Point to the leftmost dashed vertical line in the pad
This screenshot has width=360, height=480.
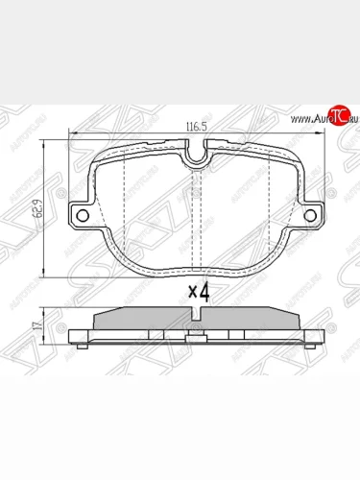[127, 206]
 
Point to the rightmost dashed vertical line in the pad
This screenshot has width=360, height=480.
[267, 206]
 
